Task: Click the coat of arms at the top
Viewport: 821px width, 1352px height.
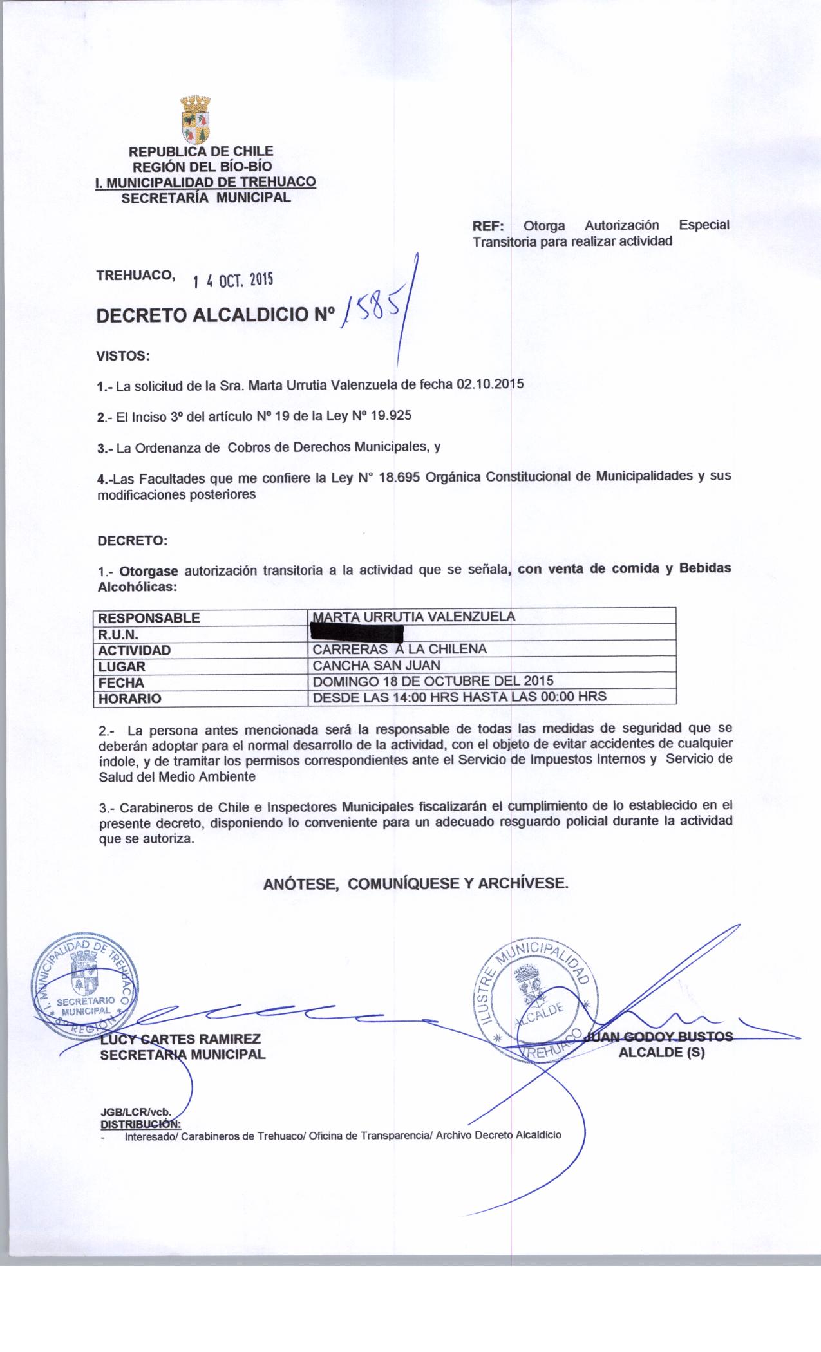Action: [196, 120]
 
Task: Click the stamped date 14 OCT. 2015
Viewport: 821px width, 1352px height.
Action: [233, 280]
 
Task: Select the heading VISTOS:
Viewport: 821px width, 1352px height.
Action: [122, 355]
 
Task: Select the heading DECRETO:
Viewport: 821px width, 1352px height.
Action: [132, 541]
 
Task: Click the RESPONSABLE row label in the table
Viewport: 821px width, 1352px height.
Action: [149, 618]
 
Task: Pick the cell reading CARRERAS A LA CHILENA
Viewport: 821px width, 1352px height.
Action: [399, 649]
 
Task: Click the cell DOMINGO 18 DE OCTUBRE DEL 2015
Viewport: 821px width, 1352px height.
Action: [433, 681]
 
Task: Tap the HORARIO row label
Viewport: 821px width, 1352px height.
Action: [129, 698]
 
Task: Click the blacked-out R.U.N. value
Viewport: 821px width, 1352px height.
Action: [356, 634]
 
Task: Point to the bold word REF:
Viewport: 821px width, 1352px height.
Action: [489, 226]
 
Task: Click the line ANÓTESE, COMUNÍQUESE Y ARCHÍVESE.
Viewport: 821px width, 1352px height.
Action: [416, 884]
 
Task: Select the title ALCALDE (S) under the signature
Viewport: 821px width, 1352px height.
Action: [661, 1054]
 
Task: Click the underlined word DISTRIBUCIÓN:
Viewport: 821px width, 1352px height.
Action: [140, 1124]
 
